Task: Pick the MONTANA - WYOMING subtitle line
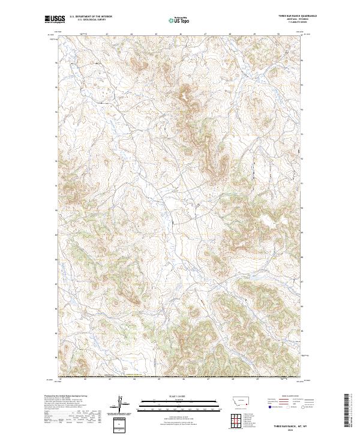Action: pos(290,20)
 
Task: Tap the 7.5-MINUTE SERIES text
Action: pos(290,23)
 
